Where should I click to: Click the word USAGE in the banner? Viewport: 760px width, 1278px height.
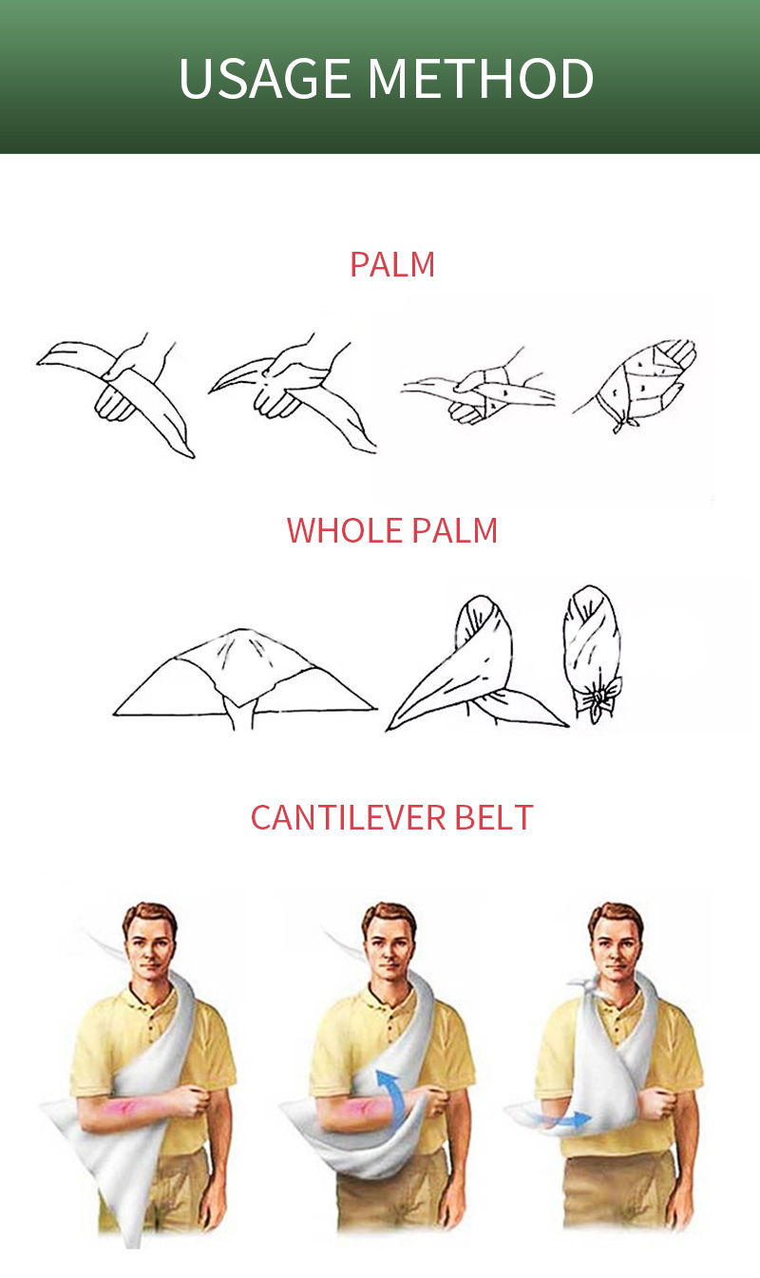tap(264, 78)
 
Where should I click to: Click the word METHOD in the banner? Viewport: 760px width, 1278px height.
tap(480, 78)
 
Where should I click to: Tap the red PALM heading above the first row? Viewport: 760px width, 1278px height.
tap(392, 264)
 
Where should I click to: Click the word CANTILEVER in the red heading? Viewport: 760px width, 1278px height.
tap(348, 817)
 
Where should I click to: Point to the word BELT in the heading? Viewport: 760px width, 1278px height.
tap(494, 817)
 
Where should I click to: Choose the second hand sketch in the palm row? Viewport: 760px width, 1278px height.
tap(293, 392)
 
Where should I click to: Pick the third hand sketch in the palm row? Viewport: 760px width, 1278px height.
tap(478, 387)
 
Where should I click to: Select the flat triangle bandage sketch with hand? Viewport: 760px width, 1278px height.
tap(244, 679)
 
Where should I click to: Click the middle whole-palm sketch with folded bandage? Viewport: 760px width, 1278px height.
tap(477, 665)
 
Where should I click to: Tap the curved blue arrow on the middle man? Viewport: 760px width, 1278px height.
tap(393, 1091)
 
